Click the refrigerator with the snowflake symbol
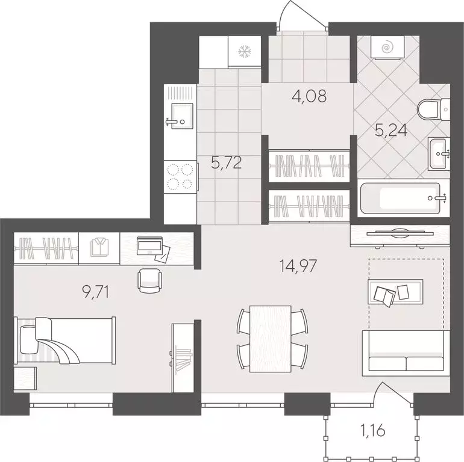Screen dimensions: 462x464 point(245,51)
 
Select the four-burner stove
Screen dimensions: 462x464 point(180,177)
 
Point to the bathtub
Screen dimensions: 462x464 point(401,199)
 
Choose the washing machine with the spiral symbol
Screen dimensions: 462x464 point(388,47)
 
